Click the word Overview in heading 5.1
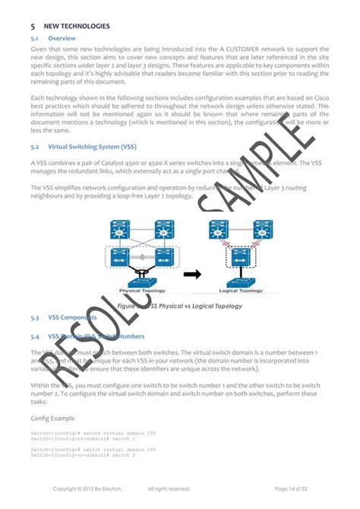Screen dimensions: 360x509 [61, 36]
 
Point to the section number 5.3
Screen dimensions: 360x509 [35, 317]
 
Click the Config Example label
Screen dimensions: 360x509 [52, 418]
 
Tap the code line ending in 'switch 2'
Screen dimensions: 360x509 [84, 455]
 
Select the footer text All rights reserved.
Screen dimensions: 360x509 [169, 488]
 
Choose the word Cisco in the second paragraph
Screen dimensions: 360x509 [321, 99]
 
